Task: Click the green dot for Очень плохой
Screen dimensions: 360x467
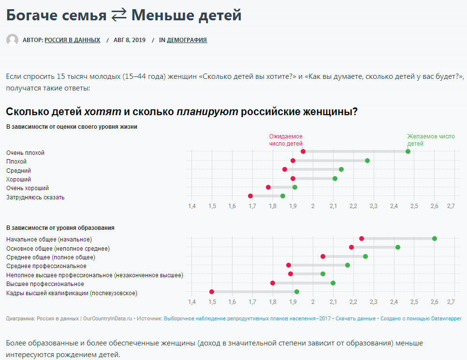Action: click(x=408, y=151)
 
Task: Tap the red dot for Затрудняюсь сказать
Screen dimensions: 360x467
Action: click(x=250, y=196)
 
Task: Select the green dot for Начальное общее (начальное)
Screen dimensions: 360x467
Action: click(x=435, y=239)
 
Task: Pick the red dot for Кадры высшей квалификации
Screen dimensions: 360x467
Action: click(x=212, y=292)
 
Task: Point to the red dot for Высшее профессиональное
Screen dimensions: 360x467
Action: click(x=273, y=283)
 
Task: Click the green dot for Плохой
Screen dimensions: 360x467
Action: click(x=367, y=161)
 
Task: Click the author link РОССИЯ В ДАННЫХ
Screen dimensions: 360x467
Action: click(x=73, y=40)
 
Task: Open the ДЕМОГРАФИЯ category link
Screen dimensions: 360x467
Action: click(x=187, y=40)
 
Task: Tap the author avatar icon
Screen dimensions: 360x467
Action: click(x=12, y=40)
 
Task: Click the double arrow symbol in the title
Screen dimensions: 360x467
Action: click(x=119, y=15)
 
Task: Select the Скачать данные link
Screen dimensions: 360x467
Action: click(x=355, y=318)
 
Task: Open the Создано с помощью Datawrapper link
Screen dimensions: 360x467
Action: click(x=421, y=318)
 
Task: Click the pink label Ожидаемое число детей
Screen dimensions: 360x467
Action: click(x=286, y=140)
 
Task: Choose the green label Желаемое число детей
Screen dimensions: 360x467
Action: click(x=431, y=140)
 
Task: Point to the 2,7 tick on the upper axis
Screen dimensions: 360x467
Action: click(x=451, y=207)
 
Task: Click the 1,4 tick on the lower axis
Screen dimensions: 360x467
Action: click(x=192, y=302)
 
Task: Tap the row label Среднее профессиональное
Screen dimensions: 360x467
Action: click(x=46, y=266)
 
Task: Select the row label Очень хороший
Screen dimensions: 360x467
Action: click(x=28, y=188)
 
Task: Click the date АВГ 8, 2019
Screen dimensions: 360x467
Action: click(x=130, y=40)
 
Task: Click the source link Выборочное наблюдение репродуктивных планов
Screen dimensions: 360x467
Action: click(x=248, y=318)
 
